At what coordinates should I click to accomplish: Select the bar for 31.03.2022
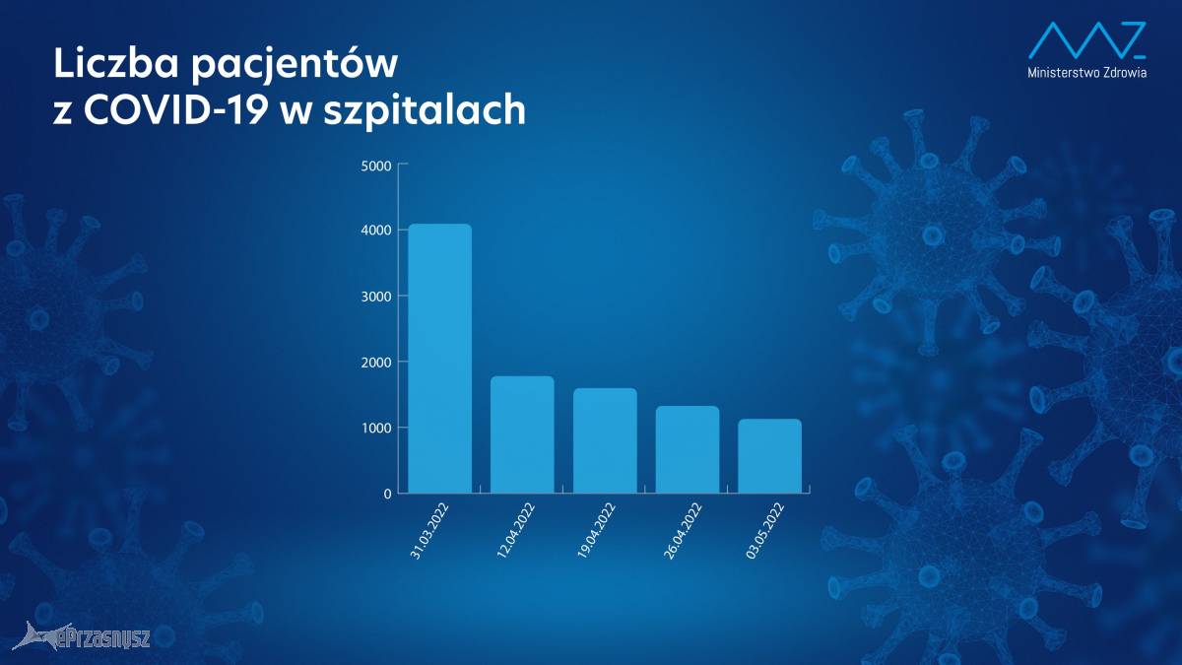(439, 359)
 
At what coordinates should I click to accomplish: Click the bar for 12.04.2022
(522, 434)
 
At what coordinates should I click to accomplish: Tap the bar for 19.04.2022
(605, 440)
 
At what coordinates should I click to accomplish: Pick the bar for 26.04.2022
(688, 449)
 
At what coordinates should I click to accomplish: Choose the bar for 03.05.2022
(769, 456)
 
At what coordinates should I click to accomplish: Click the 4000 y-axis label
(376, 231)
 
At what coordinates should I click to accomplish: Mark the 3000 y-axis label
(376, 297)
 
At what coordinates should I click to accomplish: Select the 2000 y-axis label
(376, 363)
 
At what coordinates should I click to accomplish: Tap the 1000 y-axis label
(376, 428)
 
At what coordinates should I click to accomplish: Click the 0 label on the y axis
(388, 494)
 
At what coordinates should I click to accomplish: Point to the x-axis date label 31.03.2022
(429, 531)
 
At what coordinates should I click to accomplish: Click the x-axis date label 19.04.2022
(596, 531)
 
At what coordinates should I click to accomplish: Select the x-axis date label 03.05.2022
(765, 531)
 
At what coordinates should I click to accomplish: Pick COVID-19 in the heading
(173, 110)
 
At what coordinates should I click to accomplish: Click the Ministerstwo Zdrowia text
(1087, 72)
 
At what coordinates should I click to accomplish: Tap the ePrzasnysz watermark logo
(81, 636)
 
